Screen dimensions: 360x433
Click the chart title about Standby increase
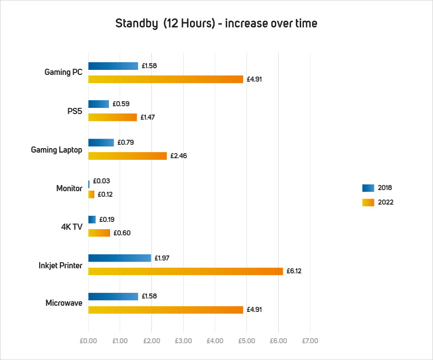216,23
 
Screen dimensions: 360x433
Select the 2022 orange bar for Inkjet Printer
185,271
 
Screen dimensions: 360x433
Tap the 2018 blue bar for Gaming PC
113,66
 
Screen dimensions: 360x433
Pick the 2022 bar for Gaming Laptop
127,155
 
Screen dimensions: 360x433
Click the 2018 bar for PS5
98,104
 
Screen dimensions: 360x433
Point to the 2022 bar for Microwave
165,310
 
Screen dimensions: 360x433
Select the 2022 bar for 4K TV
99,233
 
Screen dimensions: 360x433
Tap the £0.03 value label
101,181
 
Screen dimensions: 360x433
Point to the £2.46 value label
178,155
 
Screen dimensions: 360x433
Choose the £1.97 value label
162,258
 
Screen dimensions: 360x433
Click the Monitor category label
69,188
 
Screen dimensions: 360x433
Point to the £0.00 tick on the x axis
88,340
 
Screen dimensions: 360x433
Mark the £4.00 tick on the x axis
215,340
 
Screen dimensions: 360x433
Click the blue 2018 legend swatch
368,188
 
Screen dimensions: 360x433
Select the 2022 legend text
386,202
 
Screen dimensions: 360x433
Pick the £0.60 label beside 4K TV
122,233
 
